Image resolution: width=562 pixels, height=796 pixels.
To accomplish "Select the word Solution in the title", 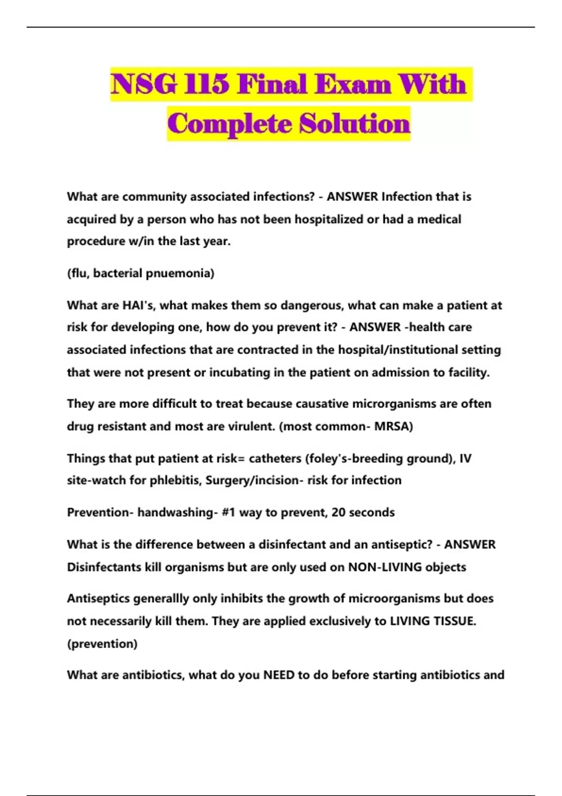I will coord(355,124).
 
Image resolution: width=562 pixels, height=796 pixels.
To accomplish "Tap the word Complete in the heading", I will coord(229,124).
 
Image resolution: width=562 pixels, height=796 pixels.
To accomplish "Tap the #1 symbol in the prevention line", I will coord(229,512).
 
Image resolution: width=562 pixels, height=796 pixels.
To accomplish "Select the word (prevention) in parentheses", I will coord(102,644).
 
